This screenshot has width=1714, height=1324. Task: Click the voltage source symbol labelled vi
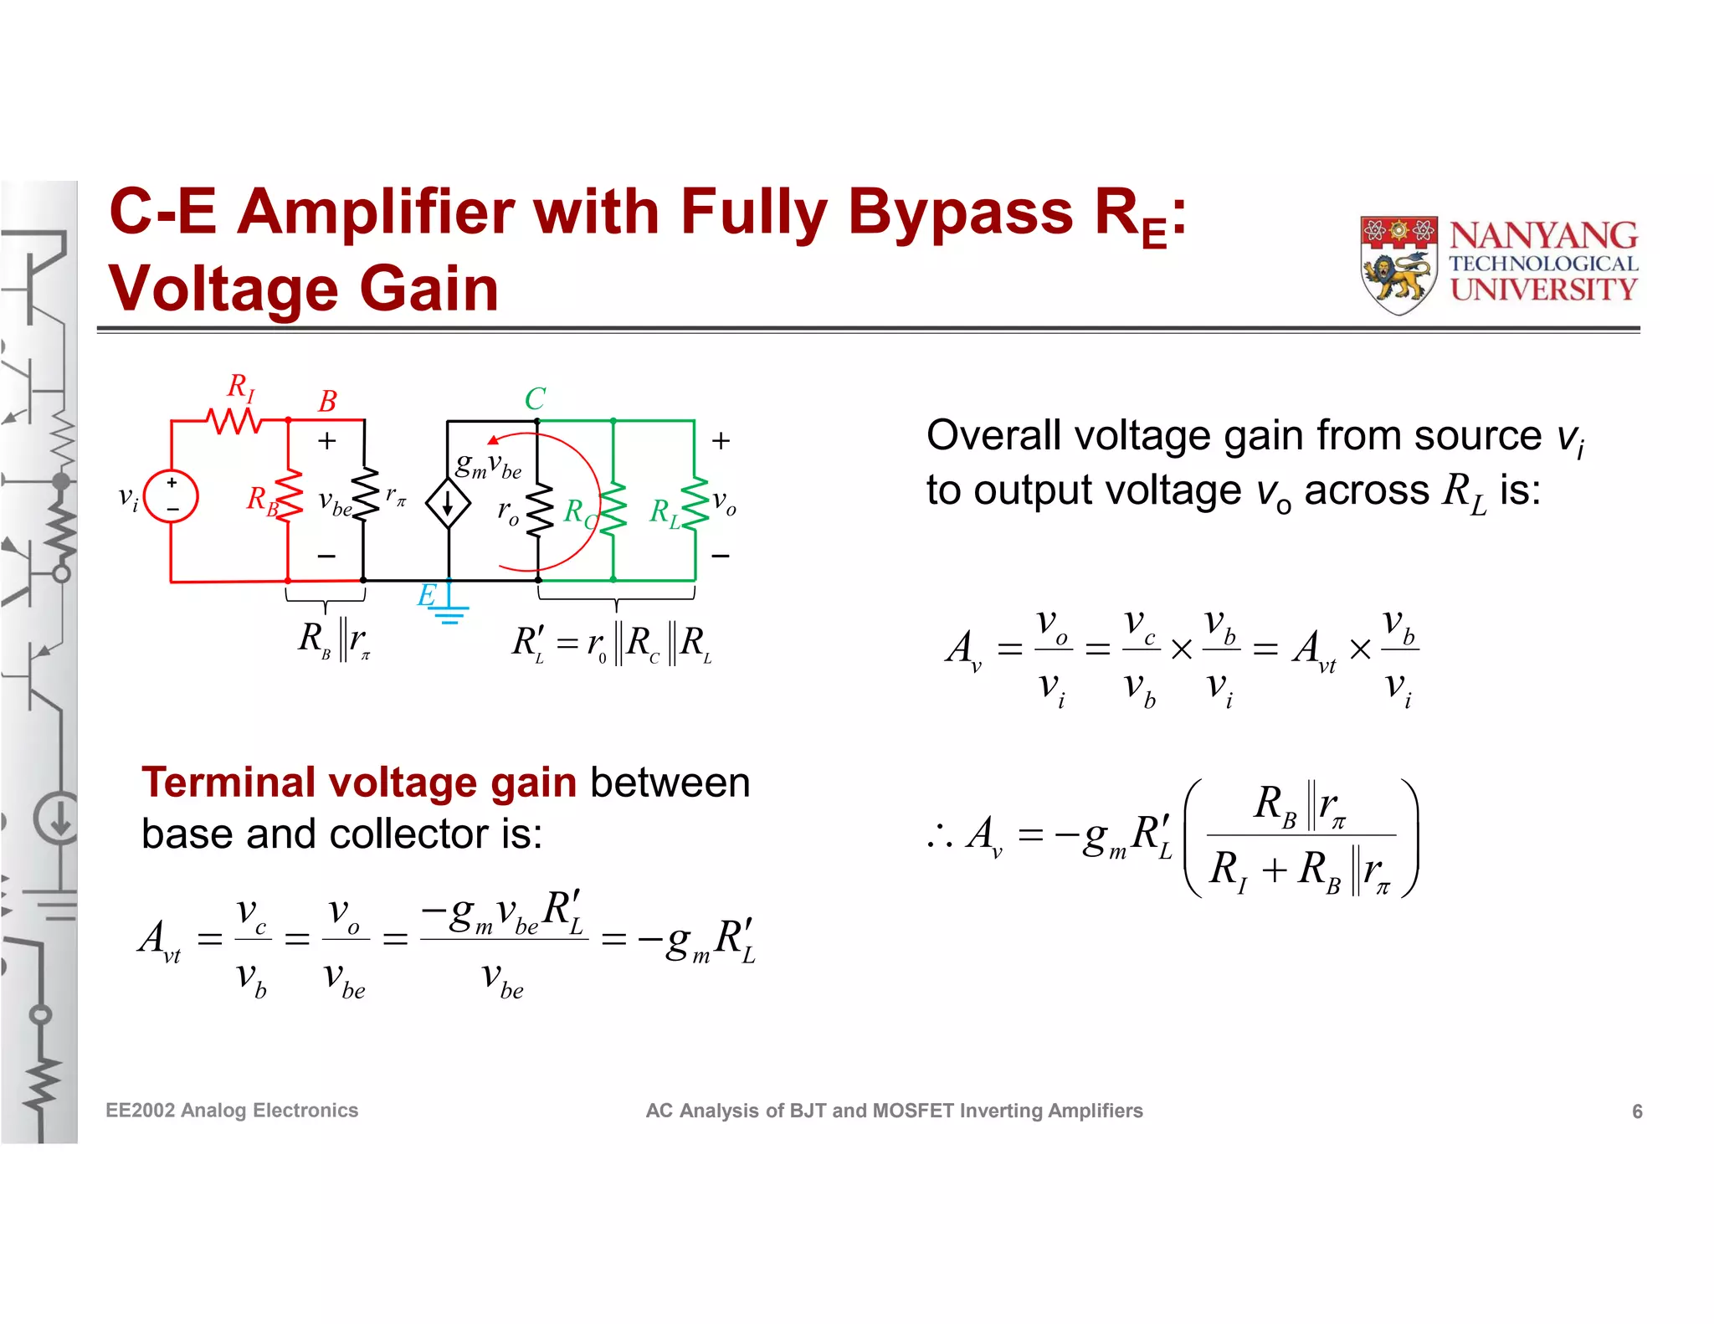(x=171, y=496)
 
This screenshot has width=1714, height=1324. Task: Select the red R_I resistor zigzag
(x=234, y=420)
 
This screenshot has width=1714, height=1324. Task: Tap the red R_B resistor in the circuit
(x=289, y=497)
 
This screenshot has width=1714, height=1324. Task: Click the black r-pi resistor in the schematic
(x=364, y=495)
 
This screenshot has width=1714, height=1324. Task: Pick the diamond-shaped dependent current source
(x=448, y=504)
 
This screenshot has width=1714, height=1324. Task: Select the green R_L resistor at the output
(x=695, y=504)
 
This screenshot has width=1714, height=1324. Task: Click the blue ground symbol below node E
(x=449, y=613)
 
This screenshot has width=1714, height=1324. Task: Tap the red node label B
(x=327, y=402)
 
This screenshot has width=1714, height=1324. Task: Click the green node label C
(x=535, y=398)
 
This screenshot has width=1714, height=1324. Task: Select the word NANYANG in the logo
(x=1543, y=236)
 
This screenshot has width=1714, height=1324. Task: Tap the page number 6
(x=1637, y=1111)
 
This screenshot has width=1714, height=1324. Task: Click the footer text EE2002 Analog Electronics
(x=232, y=1111)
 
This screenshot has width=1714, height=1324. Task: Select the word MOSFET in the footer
(x=912, y=1111)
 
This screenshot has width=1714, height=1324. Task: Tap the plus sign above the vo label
(x=721, y=441)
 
